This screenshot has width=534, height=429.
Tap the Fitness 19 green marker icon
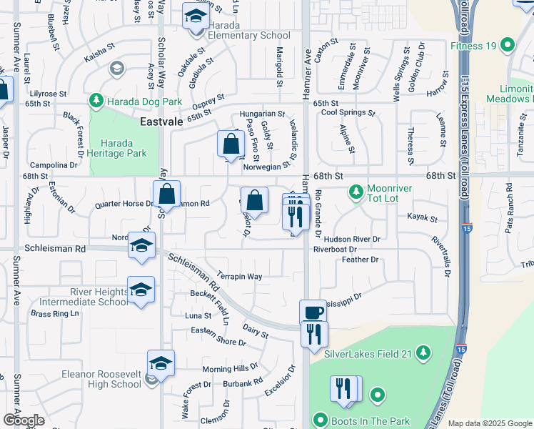tap(508, 46)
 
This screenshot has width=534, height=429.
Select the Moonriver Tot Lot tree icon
tap(356, 192)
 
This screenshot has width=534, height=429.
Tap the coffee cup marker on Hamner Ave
tap(313, 312)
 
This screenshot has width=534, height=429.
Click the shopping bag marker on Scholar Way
tap(166, 194)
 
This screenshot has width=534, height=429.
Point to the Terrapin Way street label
tap(240, 276)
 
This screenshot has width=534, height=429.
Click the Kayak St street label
tap(422, 217)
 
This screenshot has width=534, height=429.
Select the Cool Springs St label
tap(348, 113)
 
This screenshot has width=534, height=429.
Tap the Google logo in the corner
tap(23, 420)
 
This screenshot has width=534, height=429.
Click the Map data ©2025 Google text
tap(490, 423)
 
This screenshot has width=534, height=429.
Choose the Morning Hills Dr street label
tap(230, 368)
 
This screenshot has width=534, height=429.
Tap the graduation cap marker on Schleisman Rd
tap(141, 246)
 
